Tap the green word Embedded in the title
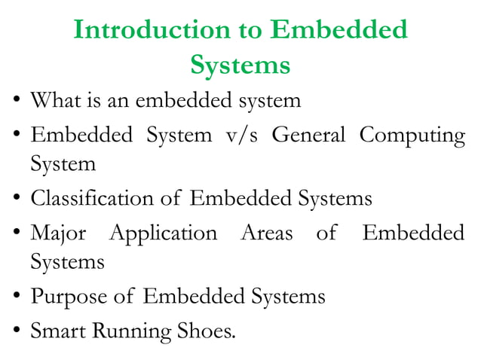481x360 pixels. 339,30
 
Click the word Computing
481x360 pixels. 412,137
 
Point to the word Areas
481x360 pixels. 266,233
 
